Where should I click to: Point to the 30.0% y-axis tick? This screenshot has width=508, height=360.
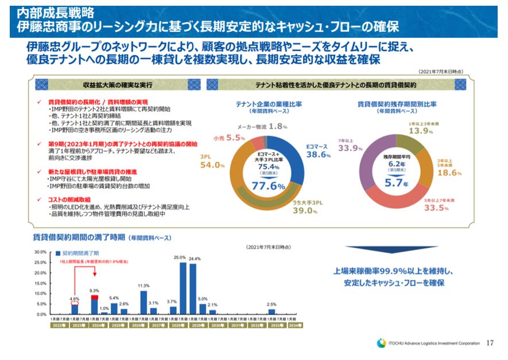click(x=40, y=252)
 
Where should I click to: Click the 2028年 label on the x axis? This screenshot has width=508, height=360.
click(x=178, y=325)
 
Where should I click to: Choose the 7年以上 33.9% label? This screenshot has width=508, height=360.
click(x=350, y=145)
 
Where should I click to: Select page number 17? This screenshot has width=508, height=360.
click(x=490, y=343)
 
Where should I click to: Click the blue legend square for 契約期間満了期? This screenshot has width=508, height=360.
click(x=58, y=253)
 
